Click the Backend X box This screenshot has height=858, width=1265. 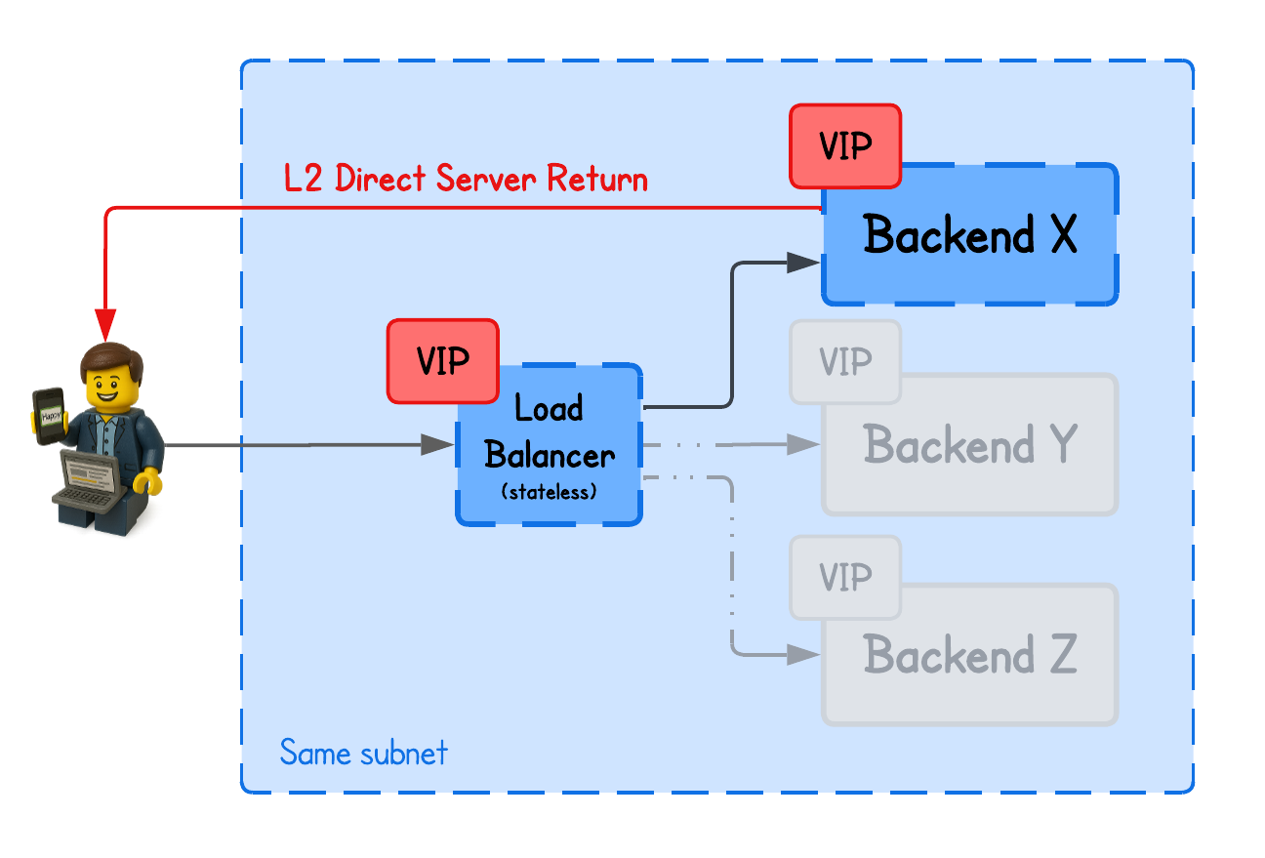tap(969, 236)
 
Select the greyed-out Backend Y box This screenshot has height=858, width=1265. tap(969, 446)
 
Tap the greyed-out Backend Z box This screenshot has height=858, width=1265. tap(969, 655)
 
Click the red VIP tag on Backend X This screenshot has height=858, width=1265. tap(845, 146)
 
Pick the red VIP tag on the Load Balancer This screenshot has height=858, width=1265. tap(443, 361)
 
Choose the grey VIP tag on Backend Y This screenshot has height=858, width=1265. tap(845, 362)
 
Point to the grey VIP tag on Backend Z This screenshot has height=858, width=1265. tap(845, 577)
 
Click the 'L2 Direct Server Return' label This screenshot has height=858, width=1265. tap(466, 180)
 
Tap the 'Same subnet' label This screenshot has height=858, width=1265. tap(363, 753)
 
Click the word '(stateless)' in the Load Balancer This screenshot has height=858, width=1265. tap(549, 493)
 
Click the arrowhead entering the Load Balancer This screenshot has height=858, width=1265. tap(438, 445)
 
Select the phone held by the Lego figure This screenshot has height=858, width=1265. tap(49, 416)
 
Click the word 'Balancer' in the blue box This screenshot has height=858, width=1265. tap(550, 455)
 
